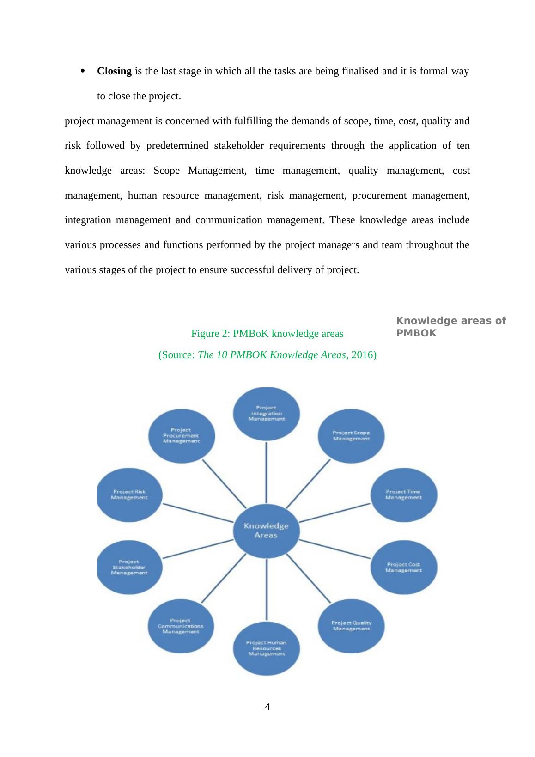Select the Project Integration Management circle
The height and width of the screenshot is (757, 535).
pyautogui.click(x=266, y=413)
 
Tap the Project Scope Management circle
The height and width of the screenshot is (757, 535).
pyautogui.click(x=351, y=435)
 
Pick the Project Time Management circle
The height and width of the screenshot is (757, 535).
pyautogui.click(x=403, y=494)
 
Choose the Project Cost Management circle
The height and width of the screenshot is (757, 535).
pyautogui.click(x=403, y=567)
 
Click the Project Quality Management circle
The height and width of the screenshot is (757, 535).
pyautogui.click(x=351, y=626)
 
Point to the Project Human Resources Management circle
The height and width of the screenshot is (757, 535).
pyautogui.click(x=266, y=648)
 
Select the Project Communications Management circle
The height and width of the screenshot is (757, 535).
pyautogui.click(x=181, y=626)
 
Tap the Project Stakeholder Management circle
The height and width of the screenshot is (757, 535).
pyautogui.click(x=129, y=567)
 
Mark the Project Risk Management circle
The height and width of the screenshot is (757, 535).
pyautogui.click(x=129, y=494)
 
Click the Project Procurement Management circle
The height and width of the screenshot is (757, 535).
pyautogui.click(x=181, y=435)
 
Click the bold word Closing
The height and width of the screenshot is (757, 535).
pyautogui.click(x=114, y=71)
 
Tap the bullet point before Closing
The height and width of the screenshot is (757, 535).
pyautogui.click(x=83, y=71)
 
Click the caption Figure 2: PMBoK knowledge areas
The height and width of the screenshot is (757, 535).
pyautogui.click(x=267, y=334)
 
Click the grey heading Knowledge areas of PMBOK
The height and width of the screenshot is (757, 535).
pyautogui.click(x=451, y=327)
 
